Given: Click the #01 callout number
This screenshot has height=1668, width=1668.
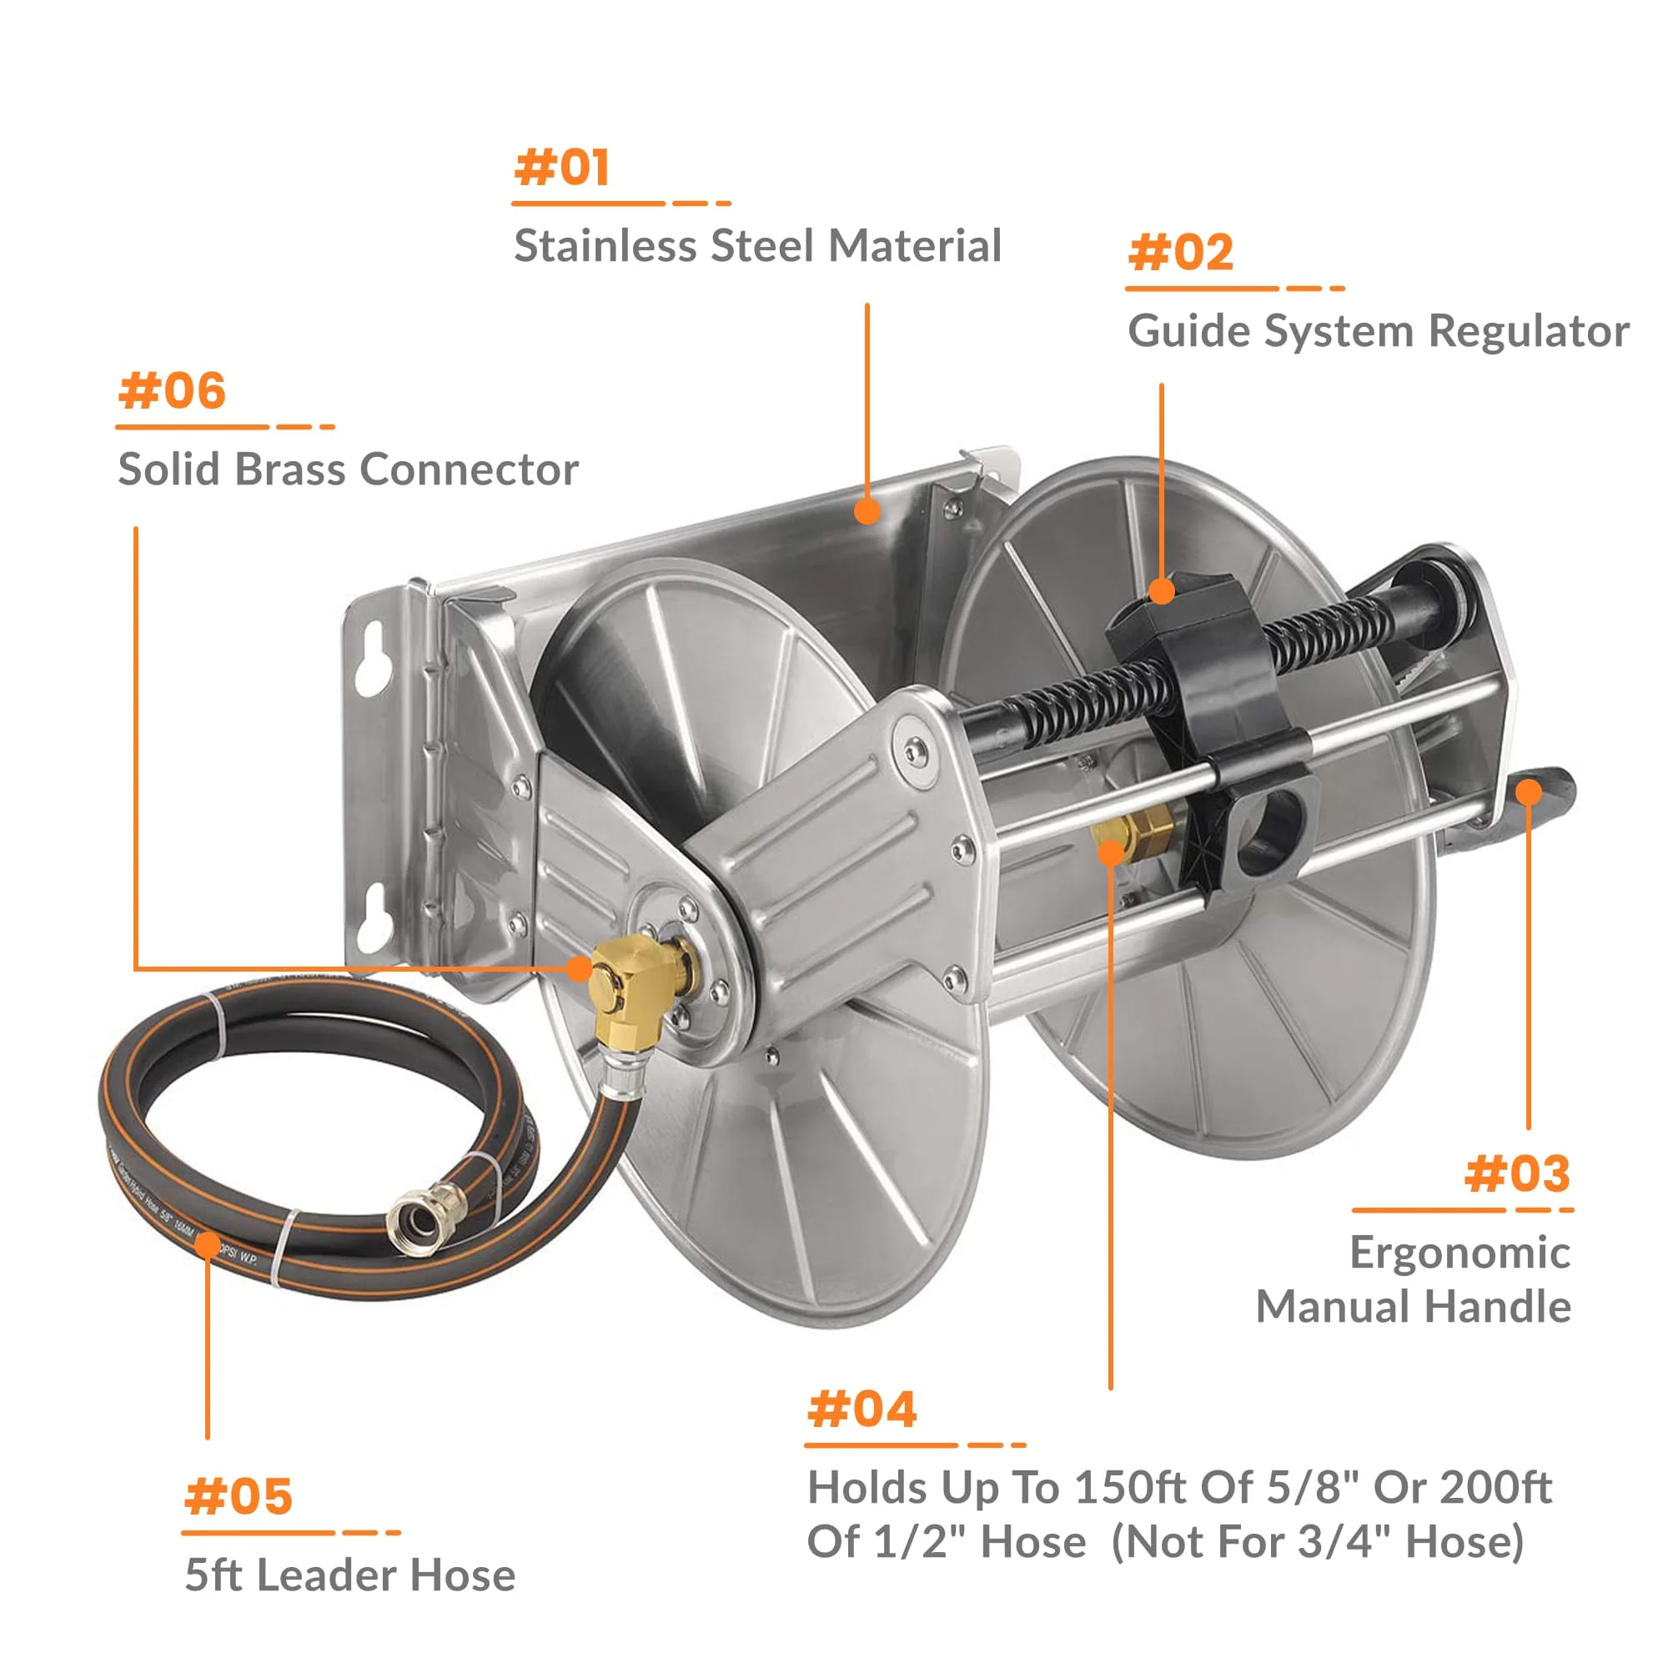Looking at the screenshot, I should (562, 168).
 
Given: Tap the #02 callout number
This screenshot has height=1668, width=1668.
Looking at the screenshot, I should (1180, 253).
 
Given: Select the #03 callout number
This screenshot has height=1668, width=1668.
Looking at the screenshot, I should (1517, 1174).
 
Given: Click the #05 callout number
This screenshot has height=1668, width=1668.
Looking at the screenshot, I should (239, 1496).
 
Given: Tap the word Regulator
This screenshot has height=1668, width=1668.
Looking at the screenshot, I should (1528, 332).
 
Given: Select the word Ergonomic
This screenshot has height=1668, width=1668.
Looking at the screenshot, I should (1459, 1253).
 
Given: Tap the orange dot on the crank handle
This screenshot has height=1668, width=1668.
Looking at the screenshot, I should (1528, 791).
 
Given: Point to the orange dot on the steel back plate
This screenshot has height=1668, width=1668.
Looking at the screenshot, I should (867, 511).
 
